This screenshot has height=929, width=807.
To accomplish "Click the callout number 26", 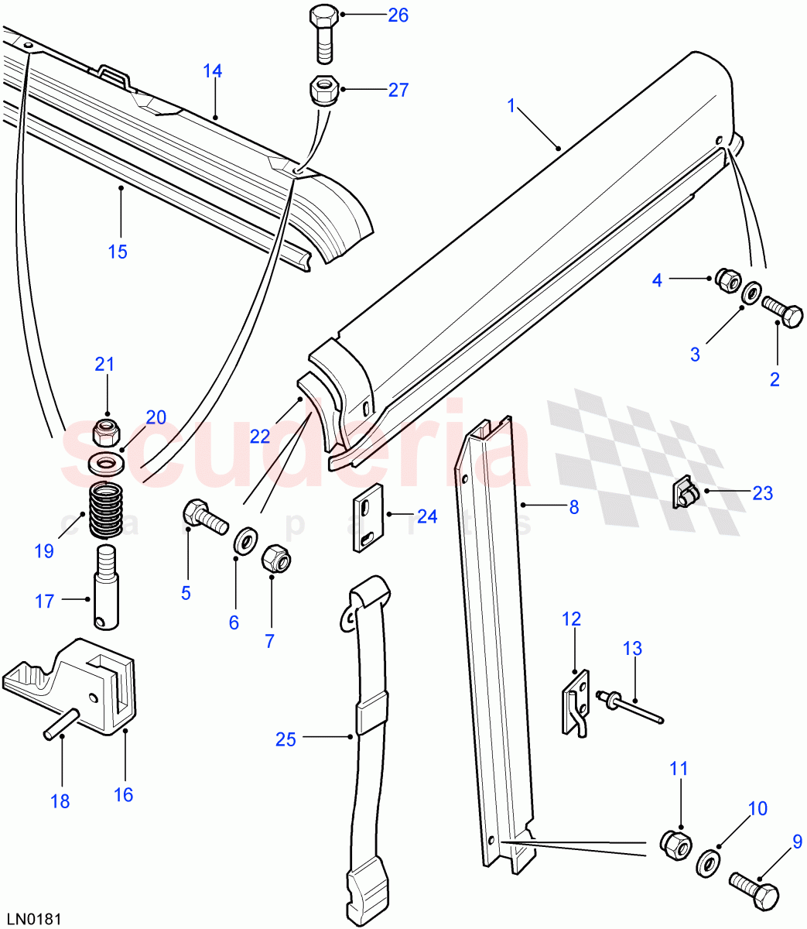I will tap(398, 15).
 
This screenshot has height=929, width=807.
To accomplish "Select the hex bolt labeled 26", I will tap(324, 34).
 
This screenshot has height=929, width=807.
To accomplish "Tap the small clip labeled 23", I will tap(683, 493).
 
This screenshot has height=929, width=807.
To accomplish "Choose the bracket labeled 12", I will tap(576, 702).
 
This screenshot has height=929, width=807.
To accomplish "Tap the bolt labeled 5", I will tap(203, 516).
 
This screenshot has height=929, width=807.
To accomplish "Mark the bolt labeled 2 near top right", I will tap(782, 314).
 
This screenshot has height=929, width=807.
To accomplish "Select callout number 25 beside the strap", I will tap(286, 739).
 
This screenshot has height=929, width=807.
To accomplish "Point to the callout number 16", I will tap(123, 794).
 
